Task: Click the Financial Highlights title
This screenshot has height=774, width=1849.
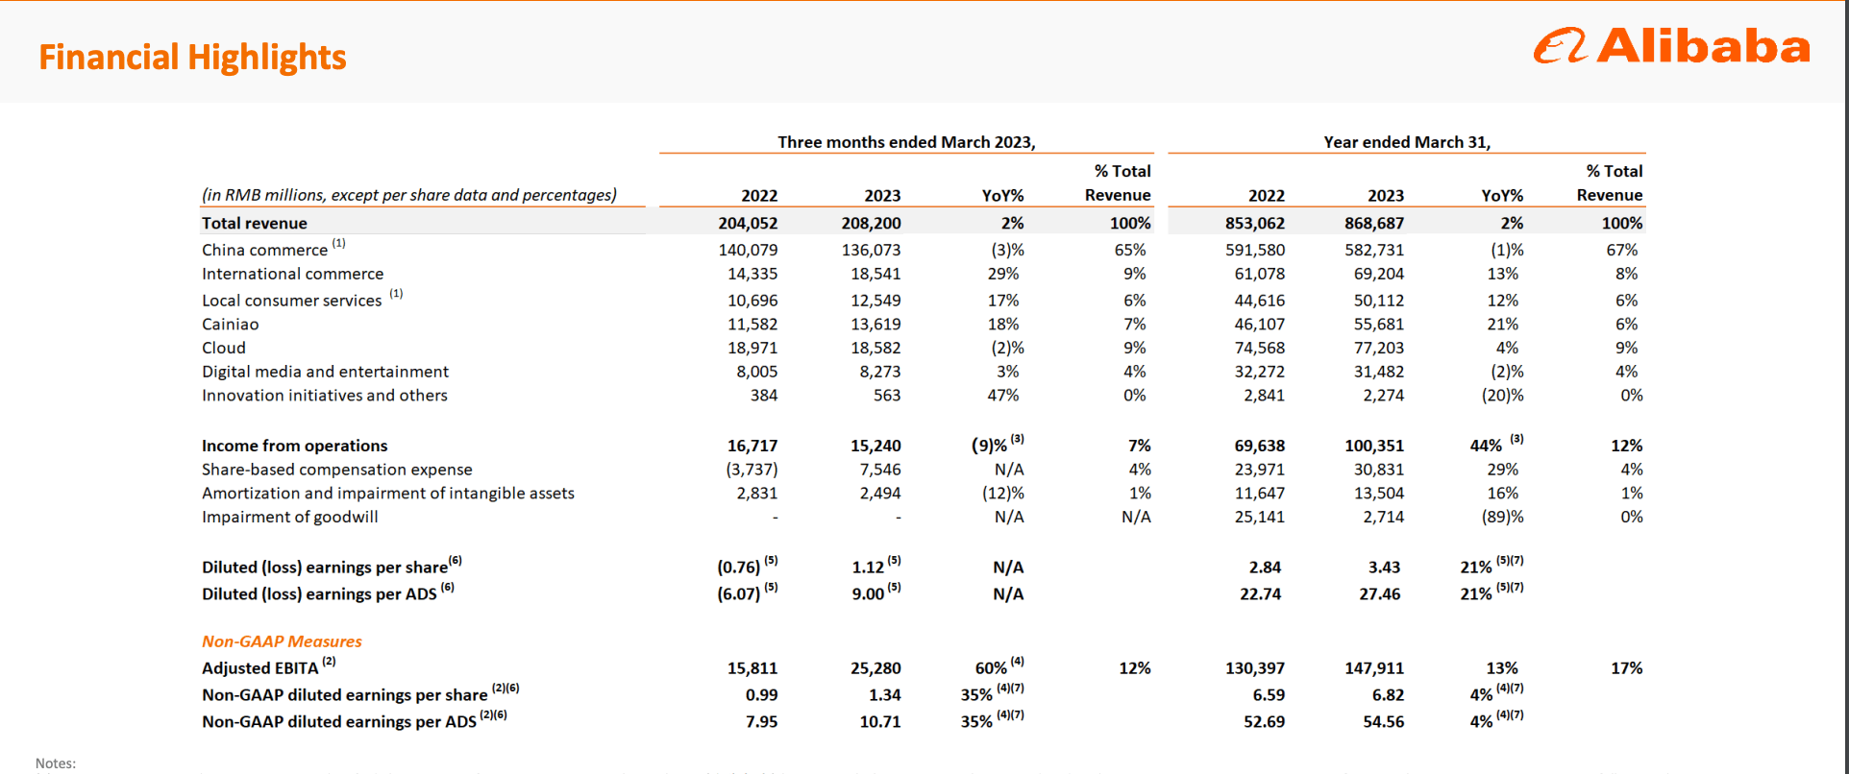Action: pos(192,58)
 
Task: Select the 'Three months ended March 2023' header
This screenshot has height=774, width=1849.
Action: pos(905,142)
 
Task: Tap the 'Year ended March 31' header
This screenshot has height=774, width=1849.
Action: pos(1406,142)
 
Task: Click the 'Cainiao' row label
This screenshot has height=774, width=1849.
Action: pos(230,325)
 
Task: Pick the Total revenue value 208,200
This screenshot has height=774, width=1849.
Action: pos(871,223)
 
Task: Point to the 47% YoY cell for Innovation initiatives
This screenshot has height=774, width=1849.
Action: pos(1002,396)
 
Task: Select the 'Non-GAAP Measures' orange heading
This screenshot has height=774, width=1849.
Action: pos(282,641)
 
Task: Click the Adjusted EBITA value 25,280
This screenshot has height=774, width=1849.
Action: pos(875,668)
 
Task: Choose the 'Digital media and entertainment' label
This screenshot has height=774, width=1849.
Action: pos(325,372)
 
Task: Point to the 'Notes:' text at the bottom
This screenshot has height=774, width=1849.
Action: pos(56,763)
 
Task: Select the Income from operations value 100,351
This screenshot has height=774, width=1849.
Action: pos(1373,446)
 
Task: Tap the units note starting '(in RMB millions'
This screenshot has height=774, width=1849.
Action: pos(408,195)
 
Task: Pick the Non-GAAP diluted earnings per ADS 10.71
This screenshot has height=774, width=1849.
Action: pos(879,722)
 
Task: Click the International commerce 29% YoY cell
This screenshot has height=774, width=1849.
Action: pos(1002,274)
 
